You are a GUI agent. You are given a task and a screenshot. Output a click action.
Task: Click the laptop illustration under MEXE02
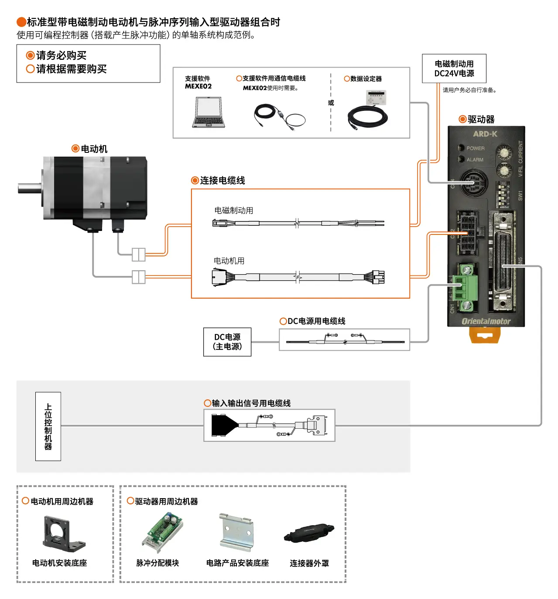pos(209,112)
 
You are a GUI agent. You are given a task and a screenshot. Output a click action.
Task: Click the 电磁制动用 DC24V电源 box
pos(454,69)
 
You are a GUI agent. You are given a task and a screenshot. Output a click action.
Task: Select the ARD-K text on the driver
pos(485,134)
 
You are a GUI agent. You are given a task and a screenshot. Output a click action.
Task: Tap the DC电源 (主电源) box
pos(227,342)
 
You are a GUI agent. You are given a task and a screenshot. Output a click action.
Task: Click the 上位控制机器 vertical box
pos(48,426)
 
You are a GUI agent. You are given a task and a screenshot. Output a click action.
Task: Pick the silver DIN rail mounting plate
pos(236,532)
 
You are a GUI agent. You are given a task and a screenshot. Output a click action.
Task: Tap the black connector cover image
pos(308,533)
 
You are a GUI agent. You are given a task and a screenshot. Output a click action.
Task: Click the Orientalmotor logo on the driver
pos(486,321)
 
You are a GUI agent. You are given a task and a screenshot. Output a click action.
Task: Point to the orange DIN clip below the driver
pos(484,335)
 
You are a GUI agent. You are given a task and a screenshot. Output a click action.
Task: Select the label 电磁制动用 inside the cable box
pos(233,210)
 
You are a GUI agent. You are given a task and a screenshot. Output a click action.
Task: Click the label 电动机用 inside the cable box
pos(229,261)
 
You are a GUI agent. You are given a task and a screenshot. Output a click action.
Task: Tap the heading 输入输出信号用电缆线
pos(251,403)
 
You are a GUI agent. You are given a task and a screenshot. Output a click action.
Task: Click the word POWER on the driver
pos(475,148)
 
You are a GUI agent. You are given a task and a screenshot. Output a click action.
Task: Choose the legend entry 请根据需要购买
pos(71,69)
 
